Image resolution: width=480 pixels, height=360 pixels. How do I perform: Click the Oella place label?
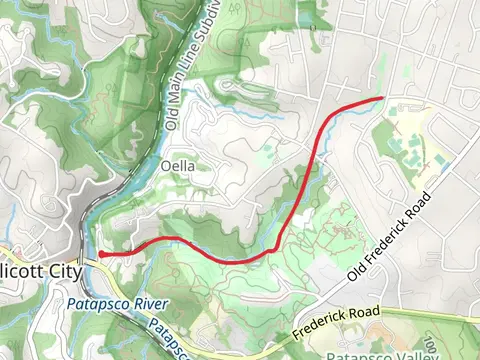176,165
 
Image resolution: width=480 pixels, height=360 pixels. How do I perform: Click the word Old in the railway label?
171,120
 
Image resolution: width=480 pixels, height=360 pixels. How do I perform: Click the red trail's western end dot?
101,255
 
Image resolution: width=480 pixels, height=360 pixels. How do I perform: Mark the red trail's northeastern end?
383,98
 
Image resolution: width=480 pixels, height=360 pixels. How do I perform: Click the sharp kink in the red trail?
275,248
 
